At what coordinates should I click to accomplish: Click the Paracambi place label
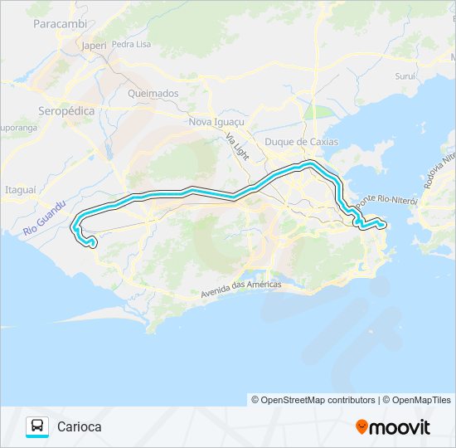click(x=60, y=24)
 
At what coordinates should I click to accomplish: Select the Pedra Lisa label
click(x=131, y=44)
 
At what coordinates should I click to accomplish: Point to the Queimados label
click(x=153, y=94)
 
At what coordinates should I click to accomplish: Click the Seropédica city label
click(x=67, y=110)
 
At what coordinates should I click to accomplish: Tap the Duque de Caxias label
click(x=301, y=142)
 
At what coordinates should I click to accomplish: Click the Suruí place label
click(x=405, y=75)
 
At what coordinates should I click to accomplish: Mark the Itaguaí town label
click(x=21, y=189)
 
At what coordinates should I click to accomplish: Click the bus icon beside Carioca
click(x=37, y=426)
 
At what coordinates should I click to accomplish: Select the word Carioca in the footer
click(x=80, y=427)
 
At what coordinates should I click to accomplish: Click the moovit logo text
click(x=400, y=427)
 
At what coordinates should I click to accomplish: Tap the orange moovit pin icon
click(x=361, y=427)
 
